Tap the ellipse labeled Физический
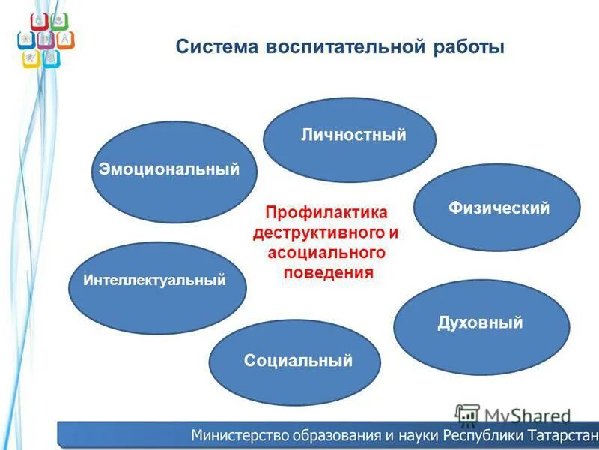coord(497,208)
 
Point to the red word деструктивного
coord(319,233)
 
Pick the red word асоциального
coord(326,253)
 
